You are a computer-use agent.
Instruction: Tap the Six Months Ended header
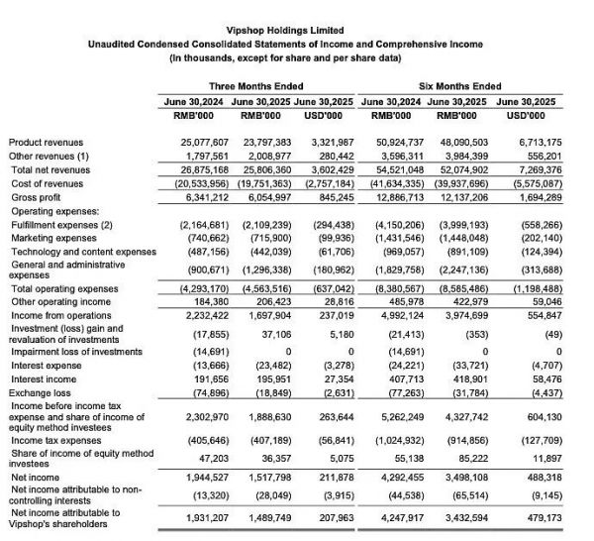(x=458, y=86)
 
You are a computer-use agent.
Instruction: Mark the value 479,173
(x=538, y=518)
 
